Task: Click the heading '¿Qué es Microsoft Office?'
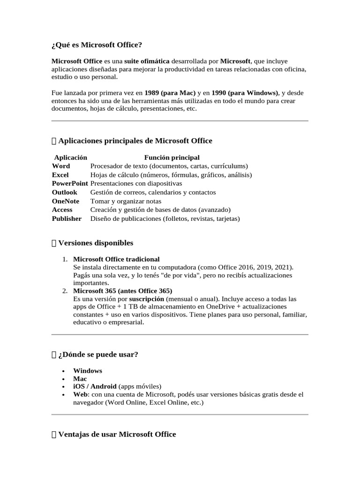96,45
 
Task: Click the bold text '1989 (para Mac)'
170,93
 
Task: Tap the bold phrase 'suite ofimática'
147,61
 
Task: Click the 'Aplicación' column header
70,157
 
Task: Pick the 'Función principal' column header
172,157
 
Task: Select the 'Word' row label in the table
61,166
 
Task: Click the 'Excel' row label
60,175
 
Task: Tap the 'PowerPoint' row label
70,183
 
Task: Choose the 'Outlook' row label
65,192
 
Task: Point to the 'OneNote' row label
66,201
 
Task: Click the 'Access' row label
62,210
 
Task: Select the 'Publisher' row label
67,218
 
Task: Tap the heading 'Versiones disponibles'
96,243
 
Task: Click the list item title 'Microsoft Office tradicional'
116,259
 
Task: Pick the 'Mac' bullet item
80,379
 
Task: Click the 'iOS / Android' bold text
95,387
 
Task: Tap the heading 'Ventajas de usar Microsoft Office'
117,435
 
